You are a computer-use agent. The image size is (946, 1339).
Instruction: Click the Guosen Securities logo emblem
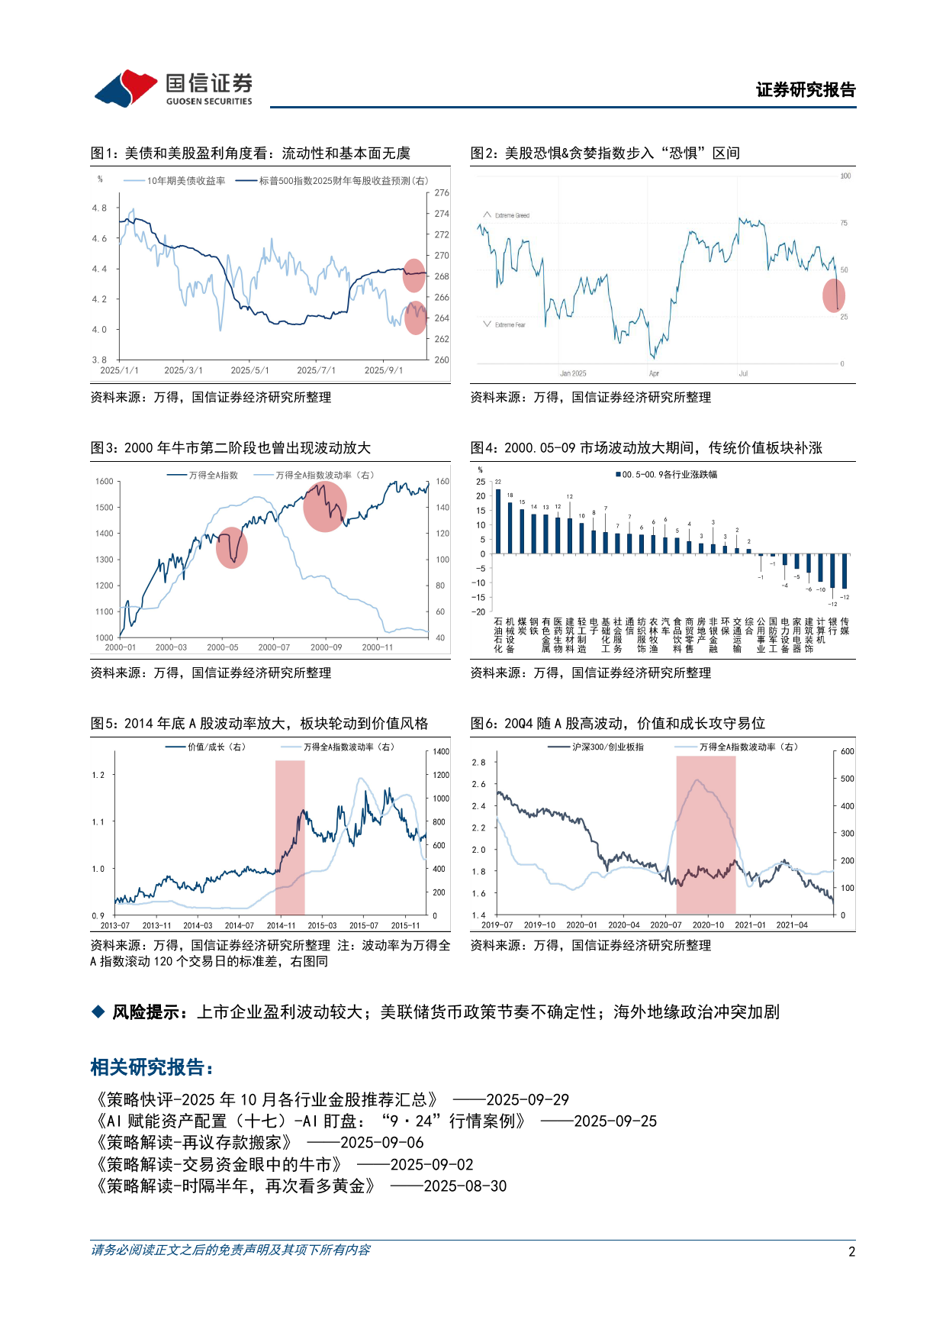coord(125,89)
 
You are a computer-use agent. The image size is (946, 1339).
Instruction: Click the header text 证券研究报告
coord(806,90)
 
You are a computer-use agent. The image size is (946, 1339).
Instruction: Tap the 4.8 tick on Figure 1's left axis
coord(99,208)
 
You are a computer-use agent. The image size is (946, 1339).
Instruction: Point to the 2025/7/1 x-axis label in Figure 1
coord(316,370)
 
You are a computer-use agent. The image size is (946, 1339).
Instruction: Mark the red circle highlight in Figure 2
coord(834,296)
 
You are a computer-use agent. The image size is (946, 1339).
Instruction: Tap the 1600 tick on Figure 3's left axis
coord(105,482)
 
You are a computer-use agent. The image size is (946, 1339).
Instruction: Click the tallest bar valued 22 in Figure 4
coord(498,521)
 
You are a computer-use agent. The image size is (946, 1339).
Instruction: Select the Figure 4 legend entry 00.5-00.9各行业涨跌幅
coord(669,475)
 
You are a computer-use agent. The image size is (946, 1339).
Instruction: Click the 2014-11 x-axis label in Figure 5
coord(281,925)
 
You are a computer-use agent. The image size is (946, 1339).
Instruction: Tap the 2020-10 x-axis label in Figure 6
coord(708,925)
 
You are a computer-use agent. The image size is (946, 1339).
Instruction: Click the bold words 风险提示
coord(146,1012)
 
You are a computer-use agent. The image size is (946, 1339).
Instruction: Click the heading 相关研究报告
coord(150,1067)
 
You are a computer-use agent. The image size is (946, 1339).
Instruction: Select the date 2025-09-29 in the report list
coord(527,1100)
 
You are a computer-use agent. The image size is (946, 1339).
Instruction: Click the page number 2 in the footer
coord(851,1251)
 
